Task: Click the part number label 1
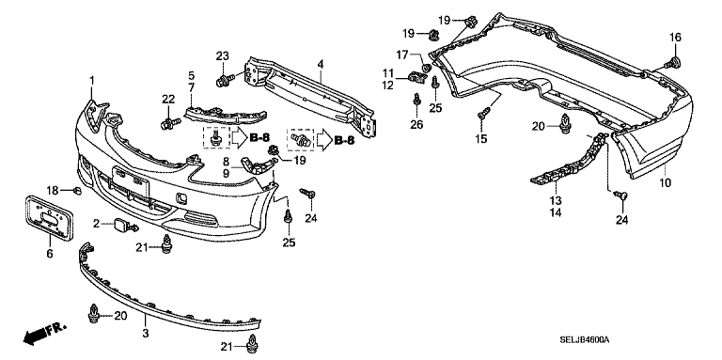(91, 81)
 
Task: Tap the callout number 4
(321, 64)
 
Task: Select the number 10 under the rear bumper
(665, 182)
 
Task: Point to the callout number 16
(675, 38)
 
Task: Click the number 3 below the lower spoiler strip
(146, 334)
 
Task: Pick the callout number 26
(416, 124)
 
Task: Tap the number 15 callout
(481, 138)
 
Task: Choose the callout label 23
(223, 56)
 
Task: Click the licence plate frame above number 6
(48, 219)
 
